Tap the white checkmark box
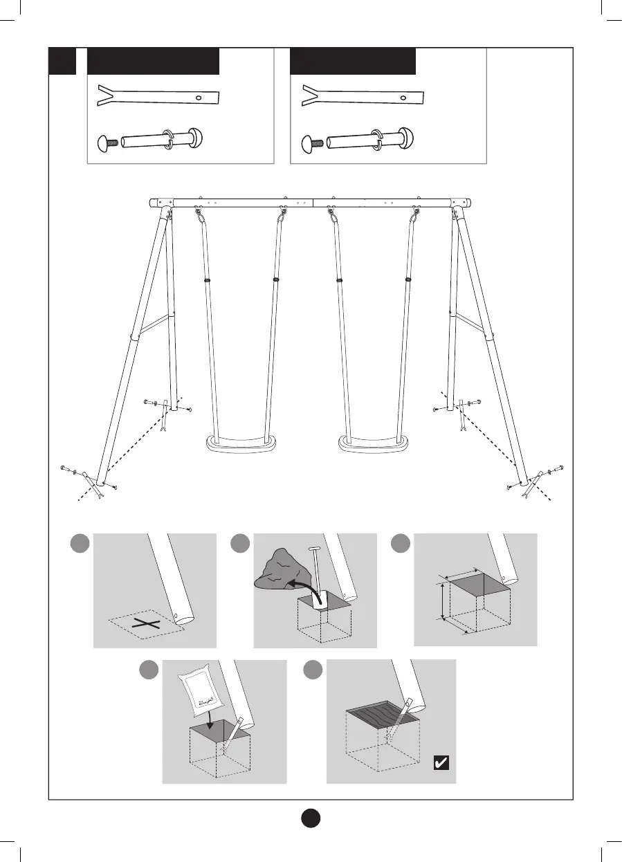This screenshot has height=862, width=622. (440, 763)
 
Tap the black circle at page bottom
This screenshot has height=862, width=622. (311, 817)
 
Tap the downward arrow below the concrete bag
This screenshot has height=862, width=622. (209, 723)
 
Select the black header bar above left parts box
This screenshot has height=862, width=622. (153, 62)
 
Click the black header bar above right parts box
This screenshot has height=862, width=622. (352, 62)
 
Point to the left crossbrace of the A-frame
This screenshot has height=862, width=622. (154, 325)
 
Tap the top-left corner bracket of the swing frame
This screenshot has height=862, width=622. (164, 203)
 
